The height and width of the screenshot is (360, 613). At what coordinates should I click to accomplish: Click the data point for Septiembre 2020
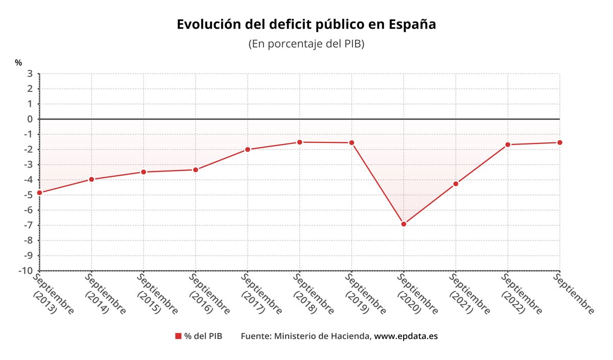[x=404, y=224]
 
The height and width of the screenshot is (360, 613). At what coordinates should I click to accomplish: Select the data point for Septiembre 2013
[x=39, y=193]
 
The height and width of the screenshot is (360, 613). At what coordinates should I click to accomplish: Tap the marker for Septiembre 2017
[x=247, y=149]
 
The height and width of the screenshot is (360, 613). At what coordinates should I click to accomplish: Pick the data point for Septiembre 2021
[x=456, y=184]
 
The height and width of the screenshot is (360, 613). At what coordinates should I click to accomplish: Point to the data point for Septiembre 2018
[x=299, y=142]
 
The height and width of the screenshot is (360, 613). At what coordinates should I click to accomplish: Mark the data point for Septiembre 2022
[x=507, y=145]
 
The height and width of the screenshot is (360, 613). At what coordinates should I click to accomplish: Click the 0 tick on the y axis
[x=30, y=119]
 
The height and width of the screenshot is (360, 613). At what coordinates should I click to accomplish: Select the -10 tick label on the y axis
[x=26, y=271]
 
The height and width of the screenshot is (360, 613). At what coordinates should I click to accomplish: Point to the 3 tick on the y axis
[x=30, y=74]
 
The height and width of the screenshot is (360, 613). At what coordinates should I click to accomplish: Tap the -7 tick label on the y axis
[x=28, y=225]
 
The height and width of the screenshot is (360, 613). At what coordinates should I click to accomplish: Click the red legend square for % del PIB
[x=178, y=336]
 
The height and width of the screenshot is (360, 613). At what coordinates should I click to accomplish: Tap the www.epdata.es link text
[x=406, y=336]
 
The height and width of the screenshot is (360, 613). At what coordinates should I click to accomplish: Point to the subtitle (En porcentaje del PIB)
[x=306, y=44]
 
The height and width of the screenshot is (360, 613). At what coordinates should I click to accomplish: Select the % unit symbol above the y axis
[x=18, y=62]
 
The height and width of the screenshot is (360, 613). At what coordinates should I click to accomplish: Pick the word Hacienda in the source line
[x=351, y=336]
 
